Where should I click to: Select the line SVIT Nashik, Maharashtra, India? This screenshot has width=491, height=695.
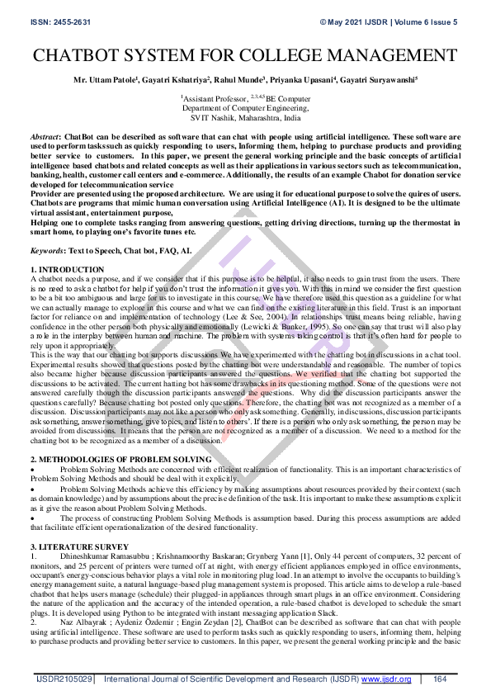click(245, 117)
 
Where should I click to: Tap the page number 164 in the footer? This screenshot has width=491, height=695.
click(440, 679)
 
